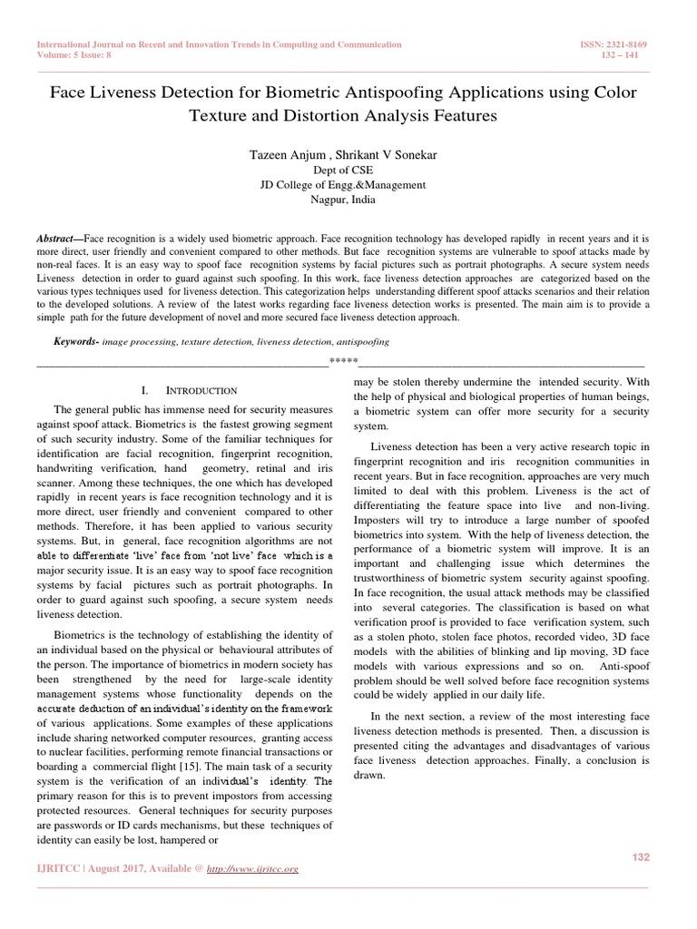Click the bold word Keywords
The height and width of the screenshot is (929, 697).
coord(75,342)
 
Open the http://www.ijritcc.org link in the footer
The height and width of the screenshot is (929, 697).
coord(253,868)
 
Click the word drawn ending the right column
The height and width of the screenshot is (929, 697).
coord(370,777)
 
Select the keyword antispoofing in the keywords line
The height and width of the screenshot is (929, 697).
coord(362,342)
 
